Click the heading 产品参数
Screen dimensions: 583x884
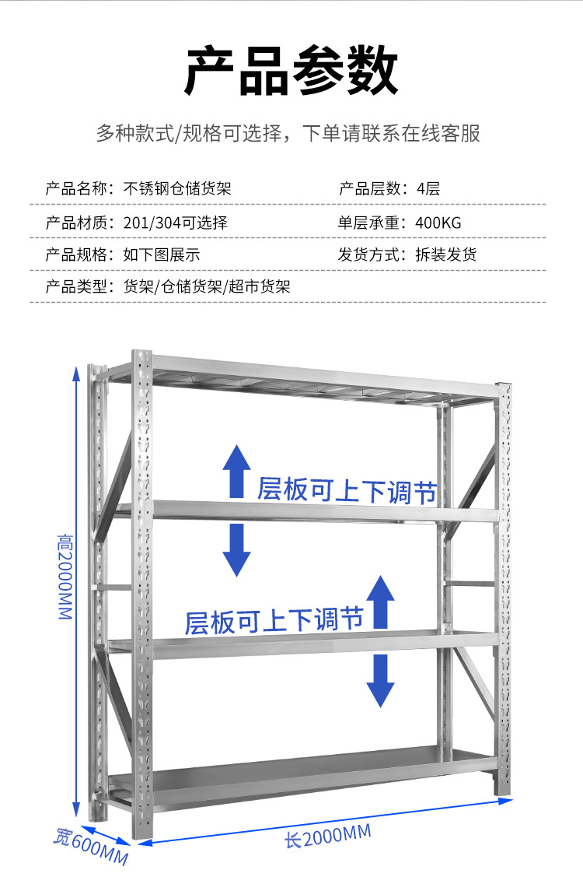(x=291, y=71)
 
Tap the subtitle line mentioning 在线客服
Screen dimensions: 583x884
(x=288, y=134)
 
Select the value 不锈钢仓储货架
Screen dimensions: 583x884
(x=177, y=188)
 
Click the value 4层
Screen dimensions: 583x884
(x=428, y=188)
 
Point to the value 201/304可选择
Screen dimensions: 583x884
(x=176, y=223)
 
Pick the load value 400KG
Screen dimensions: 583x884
(x=438, y=223)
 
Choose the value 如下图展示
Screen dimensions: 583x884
(x=162, y=254)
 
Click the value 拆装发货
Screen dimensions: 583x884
(x=446, y=254)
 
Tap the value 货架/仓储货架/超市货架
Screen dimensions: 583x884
(x=207, y=287)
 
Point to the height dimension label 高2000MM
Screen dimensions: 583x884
(x=65, y=577)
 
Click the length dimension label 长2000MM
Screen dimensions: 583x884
(x=328, y=837)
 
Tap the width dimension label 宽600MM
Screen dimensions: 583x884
(x=91, y=846)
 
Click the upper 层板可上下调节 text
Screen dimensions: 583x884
(x=347, y=490)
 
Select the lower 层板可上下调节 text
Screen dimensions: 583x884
(x=274, y=621)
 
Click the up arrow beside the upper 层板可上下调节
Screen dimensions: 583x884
(x=236, y=472)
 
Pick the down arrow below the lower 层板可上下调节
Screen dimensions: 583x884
(x=381, y=680)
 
